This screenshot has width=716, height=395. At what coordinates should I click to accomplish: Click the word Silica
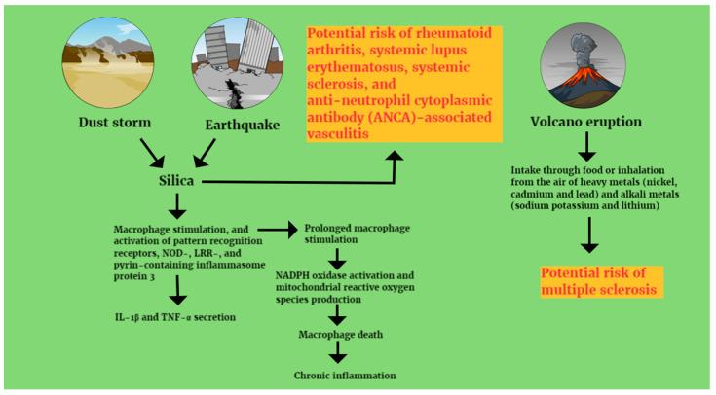click(176, 181)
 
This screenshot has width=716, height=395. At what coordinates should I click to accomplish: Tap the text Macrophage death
click(340, 334)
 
